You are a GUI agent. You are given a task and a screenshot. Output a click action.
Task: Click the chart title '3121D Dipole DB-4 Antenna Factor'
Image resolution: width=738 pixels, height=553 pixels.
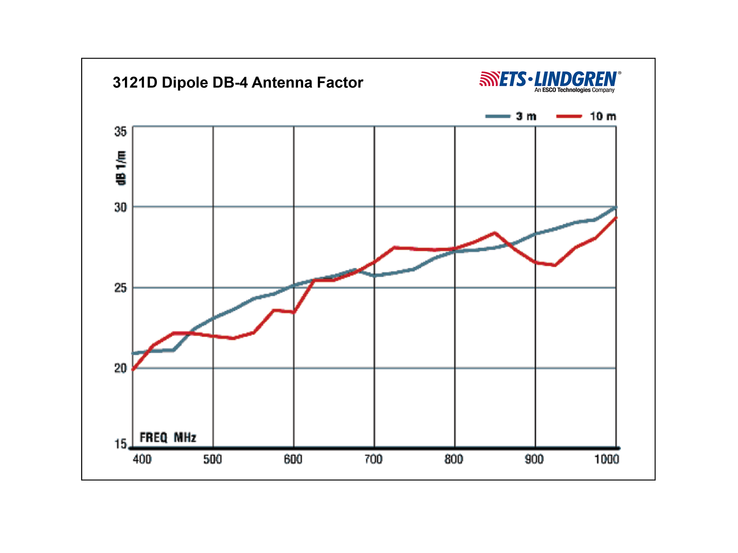[238, 82]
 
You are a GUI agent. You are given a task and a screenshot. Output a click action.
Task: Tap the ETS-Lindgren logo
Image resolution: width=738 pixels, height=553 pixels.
[550, 81]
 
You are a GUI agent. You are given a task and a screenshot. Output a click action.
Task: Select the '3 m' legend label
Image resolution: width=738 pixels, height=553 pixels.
[526, 116]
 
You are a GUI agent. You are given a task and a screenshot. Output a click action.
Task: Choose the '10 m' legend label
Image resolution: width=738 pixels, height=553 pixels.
[602, 116]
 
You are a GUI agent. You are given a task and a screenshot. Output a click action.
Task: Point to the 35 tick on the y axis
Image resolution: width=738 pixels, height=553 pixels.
[120, 131]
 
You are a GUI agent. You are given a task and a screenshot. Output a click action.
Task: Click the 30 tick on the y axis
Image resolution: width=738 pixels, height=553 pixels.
[120, 207]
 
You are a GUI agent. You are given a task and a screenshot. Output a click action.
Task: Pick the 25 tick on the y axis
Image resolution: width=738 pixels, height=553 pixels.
[120, 288]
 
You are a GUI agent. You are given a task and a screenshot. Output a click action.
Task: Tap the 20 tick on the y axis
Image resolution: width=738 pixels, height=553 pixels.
[120, 368]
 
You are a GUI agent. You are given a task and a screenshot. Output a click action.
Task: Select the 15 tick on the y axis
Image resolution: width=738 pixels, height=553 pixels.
[120, 444]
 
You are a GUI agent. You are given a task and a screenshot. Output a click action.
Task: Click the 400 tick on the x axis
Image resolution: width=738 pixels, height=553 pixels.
[142, 459]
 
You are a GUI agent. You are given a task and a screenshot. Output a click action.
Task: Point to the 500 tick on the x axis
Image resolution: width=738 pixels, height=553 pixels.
[213, 459]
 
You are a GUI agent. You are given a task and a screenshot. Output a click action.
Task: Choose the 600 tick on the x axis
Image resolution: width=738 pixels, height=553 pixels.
[293, 459]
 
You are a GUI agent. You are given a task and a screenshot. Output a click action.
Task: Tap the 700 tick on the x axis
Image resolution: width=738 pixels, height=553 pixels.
[374, 459]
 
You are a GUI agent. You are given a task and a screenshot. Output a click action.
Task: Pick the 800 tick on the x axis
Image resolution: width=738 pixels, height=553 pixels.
[454, 459]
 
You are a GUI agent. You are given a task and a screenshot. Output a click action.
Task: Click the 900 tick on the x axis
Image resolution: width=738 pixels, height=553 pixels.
[534, 459]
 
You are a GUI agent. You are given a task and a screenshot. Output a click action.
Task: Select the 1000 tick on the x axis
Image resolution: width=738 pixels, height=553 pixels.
[607, 459]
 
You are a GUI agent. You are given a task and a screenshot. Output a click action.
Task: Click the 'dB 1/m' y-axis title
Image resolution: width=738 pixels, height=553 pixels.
[121, 168]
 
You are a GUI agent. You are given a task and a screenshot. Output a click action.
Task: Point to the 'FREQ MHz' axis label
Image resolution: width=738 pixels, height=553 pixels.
[168, 437]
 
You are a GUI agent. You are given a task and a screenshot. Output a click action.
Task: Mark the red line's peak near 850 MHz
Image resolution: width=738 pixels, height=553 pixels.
[494, 233]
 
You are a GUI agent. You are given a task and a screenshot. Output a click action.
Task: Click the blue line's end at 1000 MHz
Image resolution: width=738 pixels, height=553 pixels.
[615, 207]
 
